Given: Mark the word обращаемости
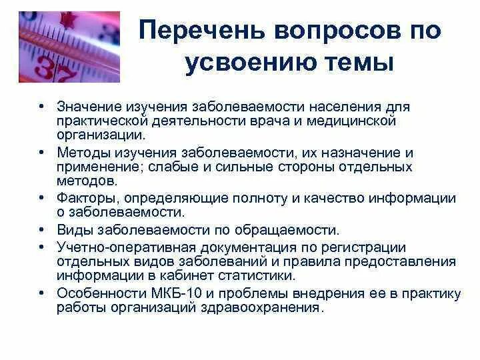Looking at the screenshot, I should coord(294,231).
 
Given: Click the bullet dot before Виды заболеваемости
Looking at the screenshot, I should coord(41,231).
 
